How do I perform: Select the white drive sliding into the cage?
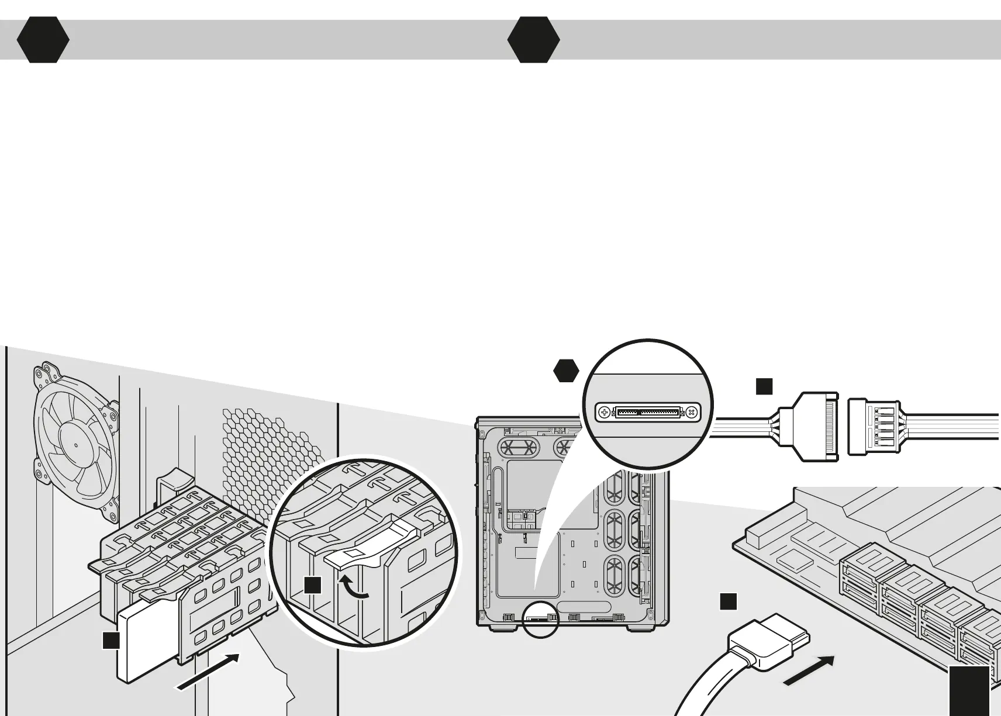pos(140,649)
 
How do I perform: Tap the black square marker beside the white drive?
pos(111,640)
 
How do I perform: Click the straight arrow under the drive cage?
pos(208,672)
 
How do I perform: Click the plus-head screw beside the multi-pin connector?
pos(605,412)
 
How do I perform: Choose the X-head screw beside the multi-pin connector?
pos(692,412)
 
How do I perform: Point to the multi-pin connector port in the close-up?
pos(648,412)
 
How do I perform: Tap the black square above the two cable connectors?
pos(764,386)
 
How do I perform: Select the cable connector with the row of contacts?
pos(813,427)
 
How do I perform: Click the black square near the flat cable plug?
pos(728,601)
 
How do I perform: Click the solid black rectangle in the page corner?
pos(969,690)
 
